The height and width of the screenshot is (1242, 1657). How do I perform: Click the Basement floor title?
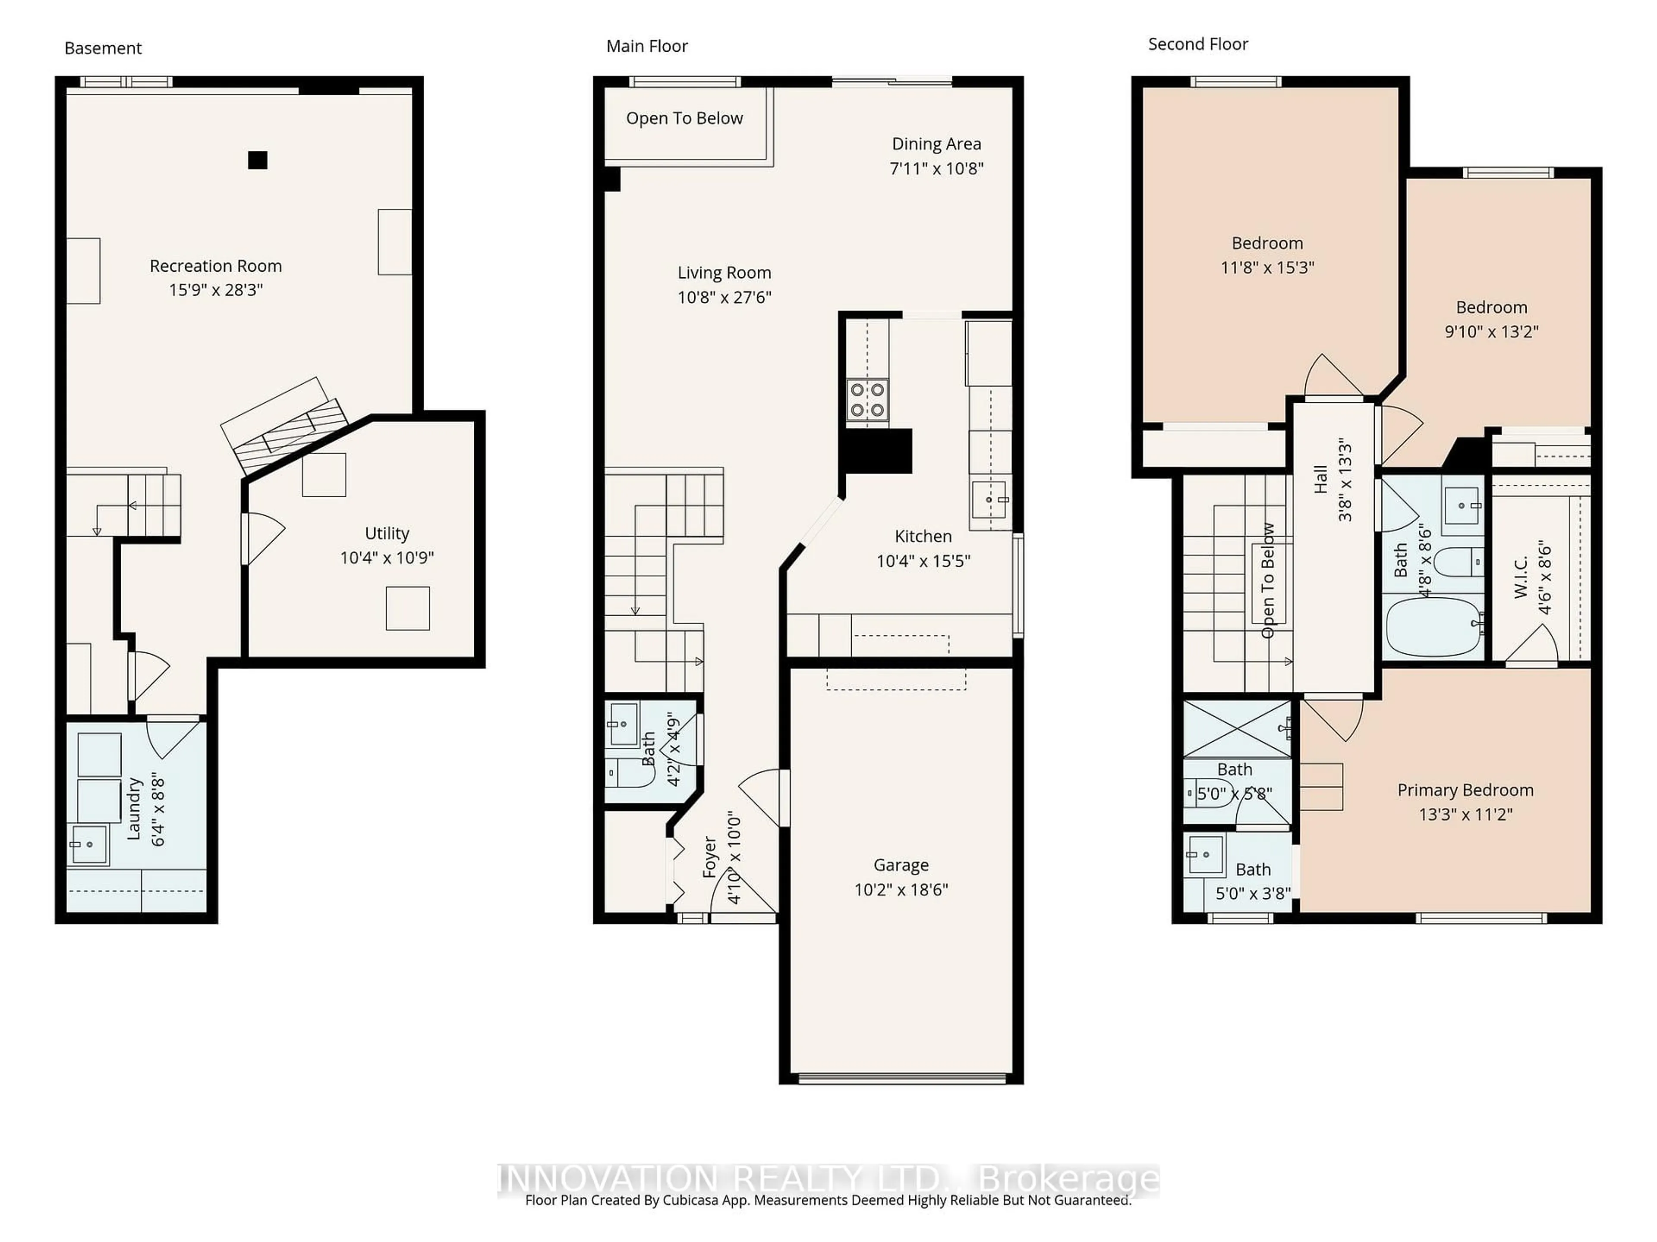[x=103, y=48]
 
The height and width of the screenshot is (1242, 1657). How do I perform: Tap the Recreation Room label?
[x=216, y=266]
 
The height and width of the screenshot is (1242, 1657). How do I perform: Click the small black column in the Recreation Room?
[x=258, y=160]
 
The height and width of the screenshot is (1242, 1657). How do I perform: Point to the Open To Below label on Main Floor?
[x=684, y=118]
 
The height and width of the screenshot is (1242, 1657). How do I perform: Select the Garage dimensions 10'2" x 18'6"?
[x=901, y=889]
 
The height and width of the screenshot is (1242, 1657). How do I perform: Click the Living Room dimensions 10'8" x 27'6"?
[x=725, y=297]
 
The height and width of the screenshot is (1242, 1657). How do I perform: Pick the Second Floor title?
[x=1198, y=44]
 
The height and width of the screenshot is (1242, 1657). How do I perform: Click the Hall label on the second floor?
[x=1321, y=479]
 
